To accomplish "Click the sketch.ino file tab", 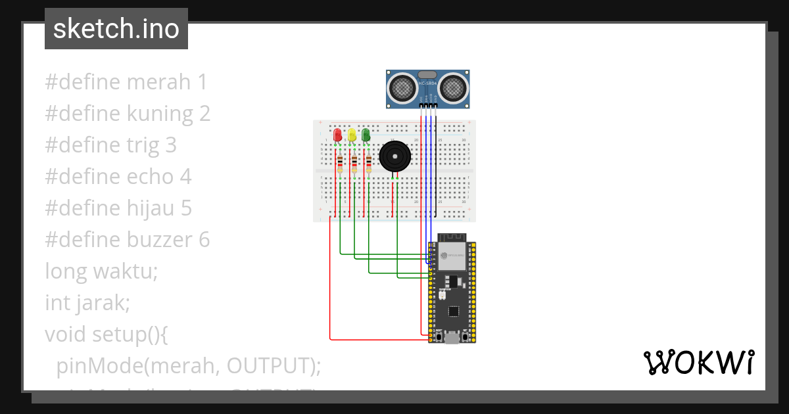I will pos(116,29).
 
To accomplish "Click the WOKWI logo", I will pos(698,362).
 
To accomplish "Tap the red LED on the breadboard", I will pos(337,135).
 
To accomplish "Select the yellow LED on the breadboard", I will pos(352,135).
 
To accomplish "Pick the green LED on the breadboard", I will pos(366,135).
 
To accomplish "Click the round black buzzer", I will pos(394,157).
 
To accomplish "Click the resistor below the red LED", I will pos(340,164).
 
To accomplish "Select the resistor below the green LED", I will pos(369,163).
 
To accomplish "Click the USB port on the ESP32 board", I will pos(452,338).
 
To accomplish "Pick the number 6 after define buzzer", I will pos(204,240).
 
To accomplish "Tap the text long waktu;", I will pos(101,271).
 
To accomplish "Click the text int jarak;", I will pos(87,303).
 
